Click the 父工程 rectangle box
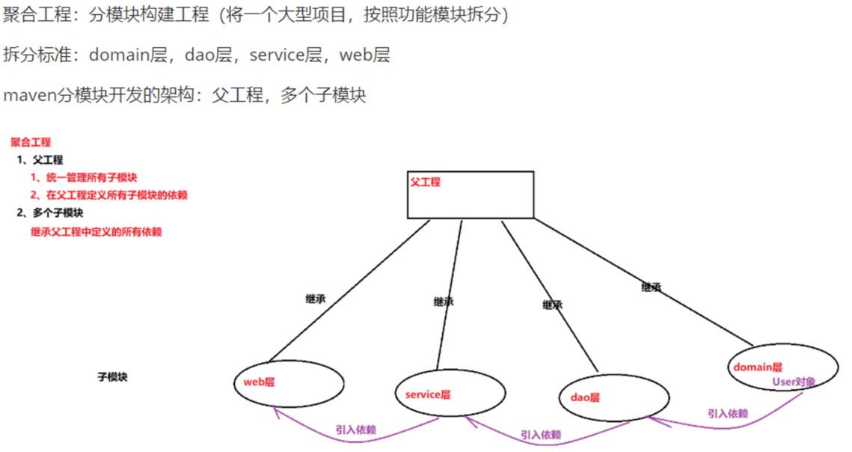pyautogui.click(x=471, y=195)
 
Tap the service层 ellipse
pyautogui.click(x=450, y=394)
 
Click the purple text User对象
pyautogui.click(x=794, y=382)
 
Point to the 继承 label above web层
pyautogui.click(x=316, y=299)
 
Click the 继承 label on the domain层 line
pyautogui.click(x=651, y=287)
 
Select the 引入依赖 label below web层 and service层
pyautogui.click(x=355, y=430)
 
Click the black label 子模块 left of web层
pyautogui.click(x=112, y=377)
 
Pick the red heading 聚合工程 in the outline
pyautogui.click(x=31, y=142)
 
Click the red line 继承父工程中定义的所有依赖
pyautogui.click(x=96, y=232)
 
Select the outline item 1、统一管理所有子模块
pyautogui.click(x=84, y=177)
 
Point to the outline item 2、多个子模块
pyautogui.click(x=50, y=213)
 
